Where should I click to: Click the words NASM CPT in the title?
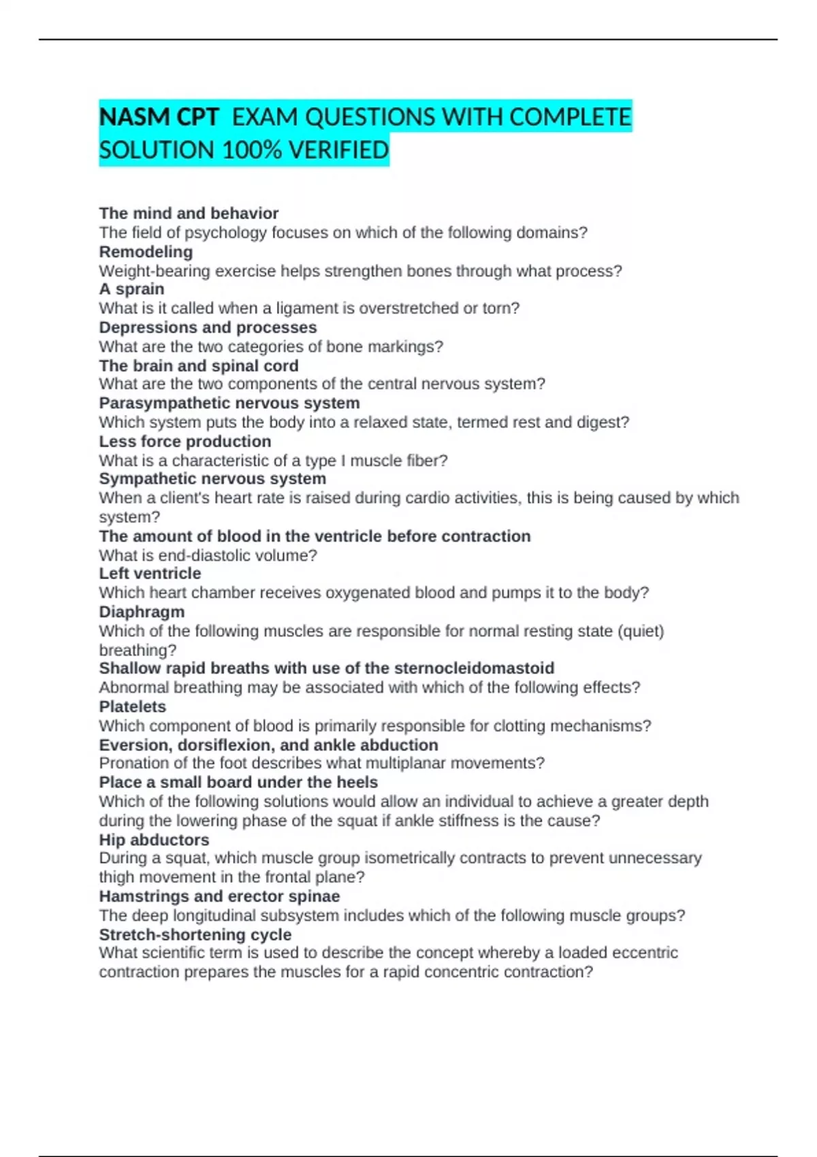159,117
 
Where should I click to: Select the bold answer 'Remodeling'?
146,252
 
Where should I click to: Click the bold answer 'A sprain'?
131,289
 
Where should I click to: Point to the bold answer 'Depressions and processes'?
208,327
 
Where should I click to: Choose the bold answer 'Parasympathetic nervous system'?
229,403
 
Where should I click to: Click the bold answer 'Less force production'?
185,441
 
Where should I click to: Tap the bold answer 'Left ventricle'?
150,574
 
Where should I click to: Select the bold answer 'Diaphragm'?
142,612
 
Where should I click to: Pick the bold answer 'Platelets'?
132,706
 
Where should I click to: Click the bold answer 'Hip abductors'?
154,840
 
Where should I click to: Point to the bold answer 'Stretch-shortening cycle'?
195,934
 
